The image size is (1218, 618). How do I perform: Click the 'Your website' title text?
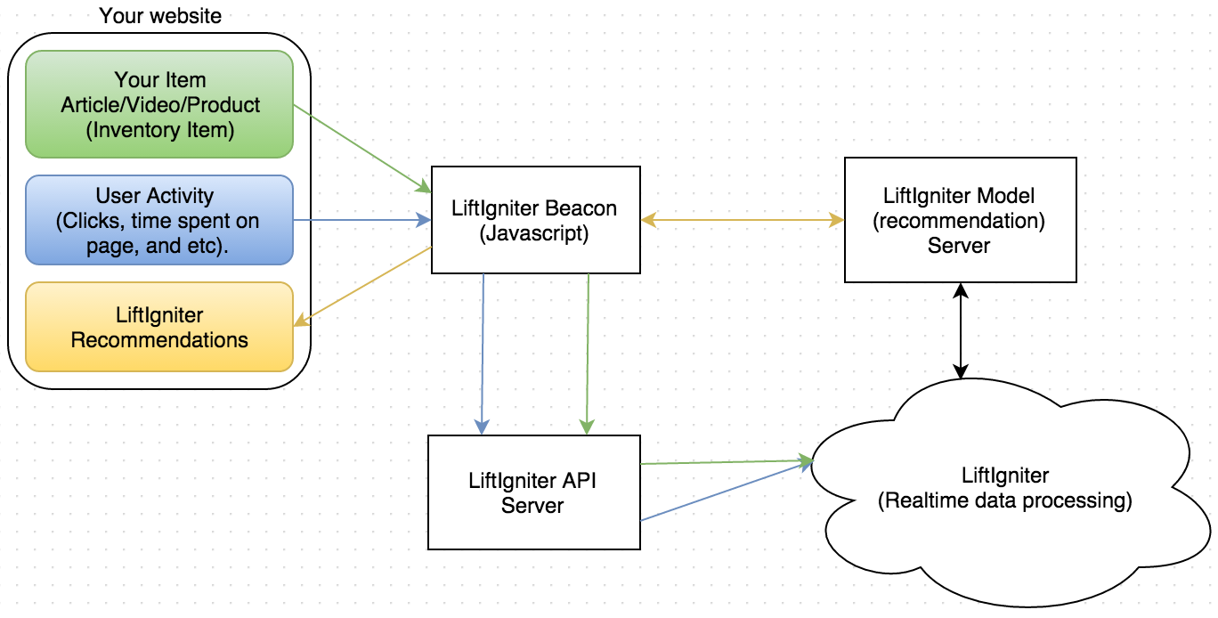pyautogui.click(x=160, y=15)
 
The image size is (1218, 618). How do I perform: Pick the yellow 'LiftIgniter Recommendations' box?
pyautogui.click(x=160, y=327)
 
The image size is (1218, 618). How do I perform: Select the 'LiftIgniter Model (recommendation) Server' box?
pyautogui.click(x=960, y=220)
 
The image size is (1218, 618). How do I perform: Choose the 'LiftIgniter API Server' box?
pyautogui.click(x=533, y=492)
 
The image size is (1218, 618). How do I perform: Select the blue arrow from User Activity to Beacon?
pyautogui.click(x=361, y=219)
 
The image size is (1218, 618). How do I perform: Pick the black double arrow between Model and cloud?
pyautogui.click(x=960, y=330)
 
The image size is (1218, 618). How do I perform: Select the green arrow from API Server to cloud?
pyautogui.click(x=726, y=462)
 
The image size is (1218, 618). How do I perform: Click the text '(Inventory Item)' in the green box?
pyautogui.click(x=160, y=131)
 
